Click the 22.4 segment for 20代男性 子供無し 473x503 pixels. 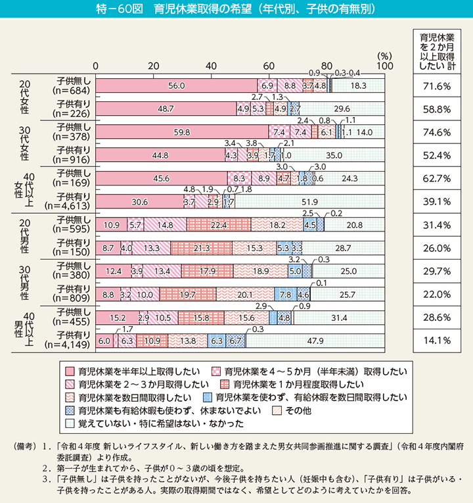coord(218,226)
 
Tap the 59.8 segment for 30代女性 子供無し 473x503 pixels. coord(182,132)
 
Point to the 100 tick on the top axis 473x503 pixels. coord(384,66)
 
